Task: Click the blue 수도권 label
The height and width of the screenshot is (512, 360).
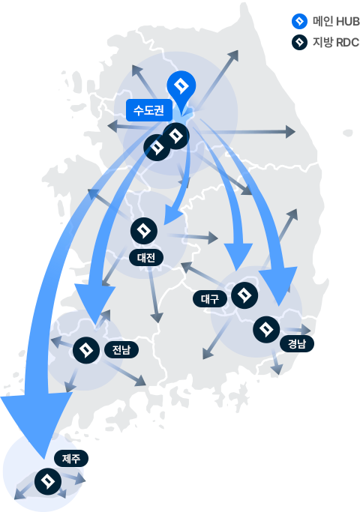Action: [149, 110]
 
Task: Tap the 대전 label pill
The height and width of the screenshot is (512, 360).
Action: [146, 258]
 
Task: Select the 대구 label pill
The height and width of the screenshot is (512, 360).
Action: [210, 299]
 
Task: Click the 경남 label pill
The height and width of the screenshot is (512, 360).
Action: [296, 343]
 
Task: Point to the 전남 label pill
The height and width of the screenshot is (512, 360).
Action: [121, 350]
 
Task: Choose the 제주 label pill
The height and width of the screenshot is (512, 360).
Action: [71, 458]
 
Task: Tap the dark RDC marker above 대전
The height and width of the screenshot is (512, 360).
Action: [144, 231]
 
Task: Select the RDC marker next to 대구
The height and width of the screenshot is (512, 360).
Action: [244, 295]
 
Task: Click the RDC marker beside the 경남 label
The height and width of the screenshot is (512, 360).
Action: [266, 330]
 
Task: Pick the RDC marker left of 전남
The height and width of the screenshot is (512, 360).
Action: [86, 350]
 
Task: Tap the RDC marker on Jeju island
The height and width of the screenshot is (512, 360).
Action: [48, 481]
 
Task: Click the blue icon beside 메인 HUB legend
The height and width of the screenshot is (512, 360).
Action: [299, 22]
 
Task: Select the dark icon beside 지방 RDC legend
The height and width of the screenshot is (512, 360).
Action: [299, 43]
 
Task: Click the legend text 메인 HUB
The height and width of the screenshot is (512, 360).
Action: [336, 22]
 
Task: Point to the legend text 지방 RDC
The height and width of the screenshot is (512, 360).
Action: [336, 43]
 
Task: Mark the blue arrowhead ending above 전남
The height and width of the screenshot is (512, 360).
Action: [95, 304]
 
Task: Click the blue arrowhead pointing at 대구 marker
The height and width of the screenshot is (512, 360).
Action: [238, 256]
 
